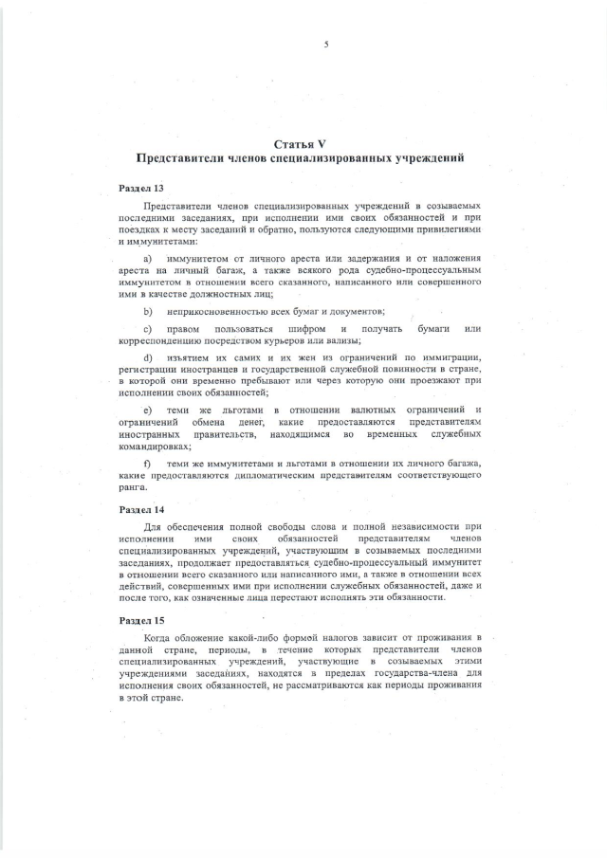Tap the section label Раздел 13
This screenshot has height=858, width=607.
point(140,189)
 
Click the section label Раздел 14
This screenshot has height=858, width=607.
point(140,509)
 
